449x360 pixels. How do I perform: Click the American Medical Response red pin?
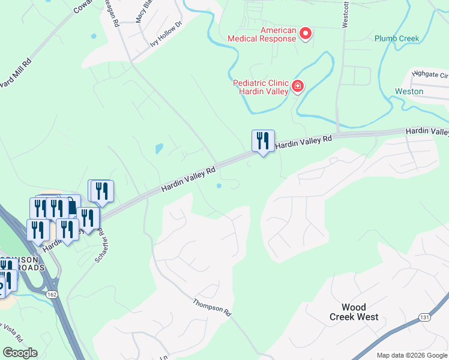point(306,34)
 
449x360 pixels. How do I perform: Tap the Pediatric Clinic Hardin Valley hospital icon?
point(297,88)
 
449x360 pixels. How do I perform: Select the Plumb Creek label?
point(396,38)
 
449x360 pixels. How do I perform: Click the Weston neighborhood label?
point(409,92)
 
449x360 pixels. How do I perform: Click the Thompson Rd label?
point(212,307)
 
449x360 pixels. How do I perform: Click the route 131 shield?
point(424,316)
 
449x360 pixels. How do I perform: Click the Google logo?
point(20,353)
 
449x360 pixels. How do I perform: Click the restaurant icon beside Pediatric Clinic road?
point(263,142)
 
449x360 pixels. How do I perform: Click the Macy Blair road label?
point(142,11)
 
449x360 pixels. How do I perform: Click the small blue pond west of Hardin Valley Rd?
point(158,148)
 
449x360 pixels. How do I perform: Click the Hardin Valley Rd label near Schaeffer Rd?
point(188,180)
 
